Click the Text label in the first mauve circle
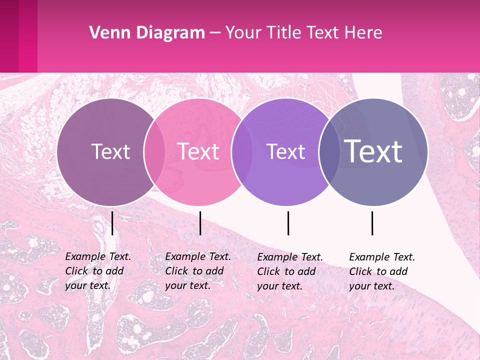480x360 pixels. (x=110, y=151)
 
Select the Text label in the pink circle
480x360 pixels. (x=198, y=151)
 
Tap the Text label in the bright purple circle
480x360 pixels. (x=286, y=151)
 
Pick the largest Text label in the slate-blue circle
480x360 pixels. (x=373, y=151)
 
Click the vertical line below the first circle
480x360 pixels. (x=112, y=223)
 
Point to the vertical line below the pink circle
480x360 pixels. (x=200, y=223)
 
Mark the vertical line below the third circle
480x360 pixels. (x=288, y=223)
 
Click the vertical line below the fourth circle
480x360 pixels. (x=372, y=223)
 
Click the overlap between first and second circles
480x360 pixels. (x=154, y=151)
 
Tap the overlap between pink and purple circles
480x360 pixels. (x=242, y=151)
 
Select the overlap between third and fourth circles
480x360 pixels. (x=329, y=151)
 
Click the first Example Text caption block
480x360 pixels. (x=97, y=271)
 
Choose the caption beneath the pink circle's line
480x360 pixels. (x=197, y=271)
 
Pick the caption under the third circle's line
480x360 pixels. (x=290, y=271)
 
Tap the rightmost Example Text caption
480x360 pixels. (x=381, y=271)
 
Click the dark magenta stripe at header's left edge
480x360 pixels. (x=9, y=36)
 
